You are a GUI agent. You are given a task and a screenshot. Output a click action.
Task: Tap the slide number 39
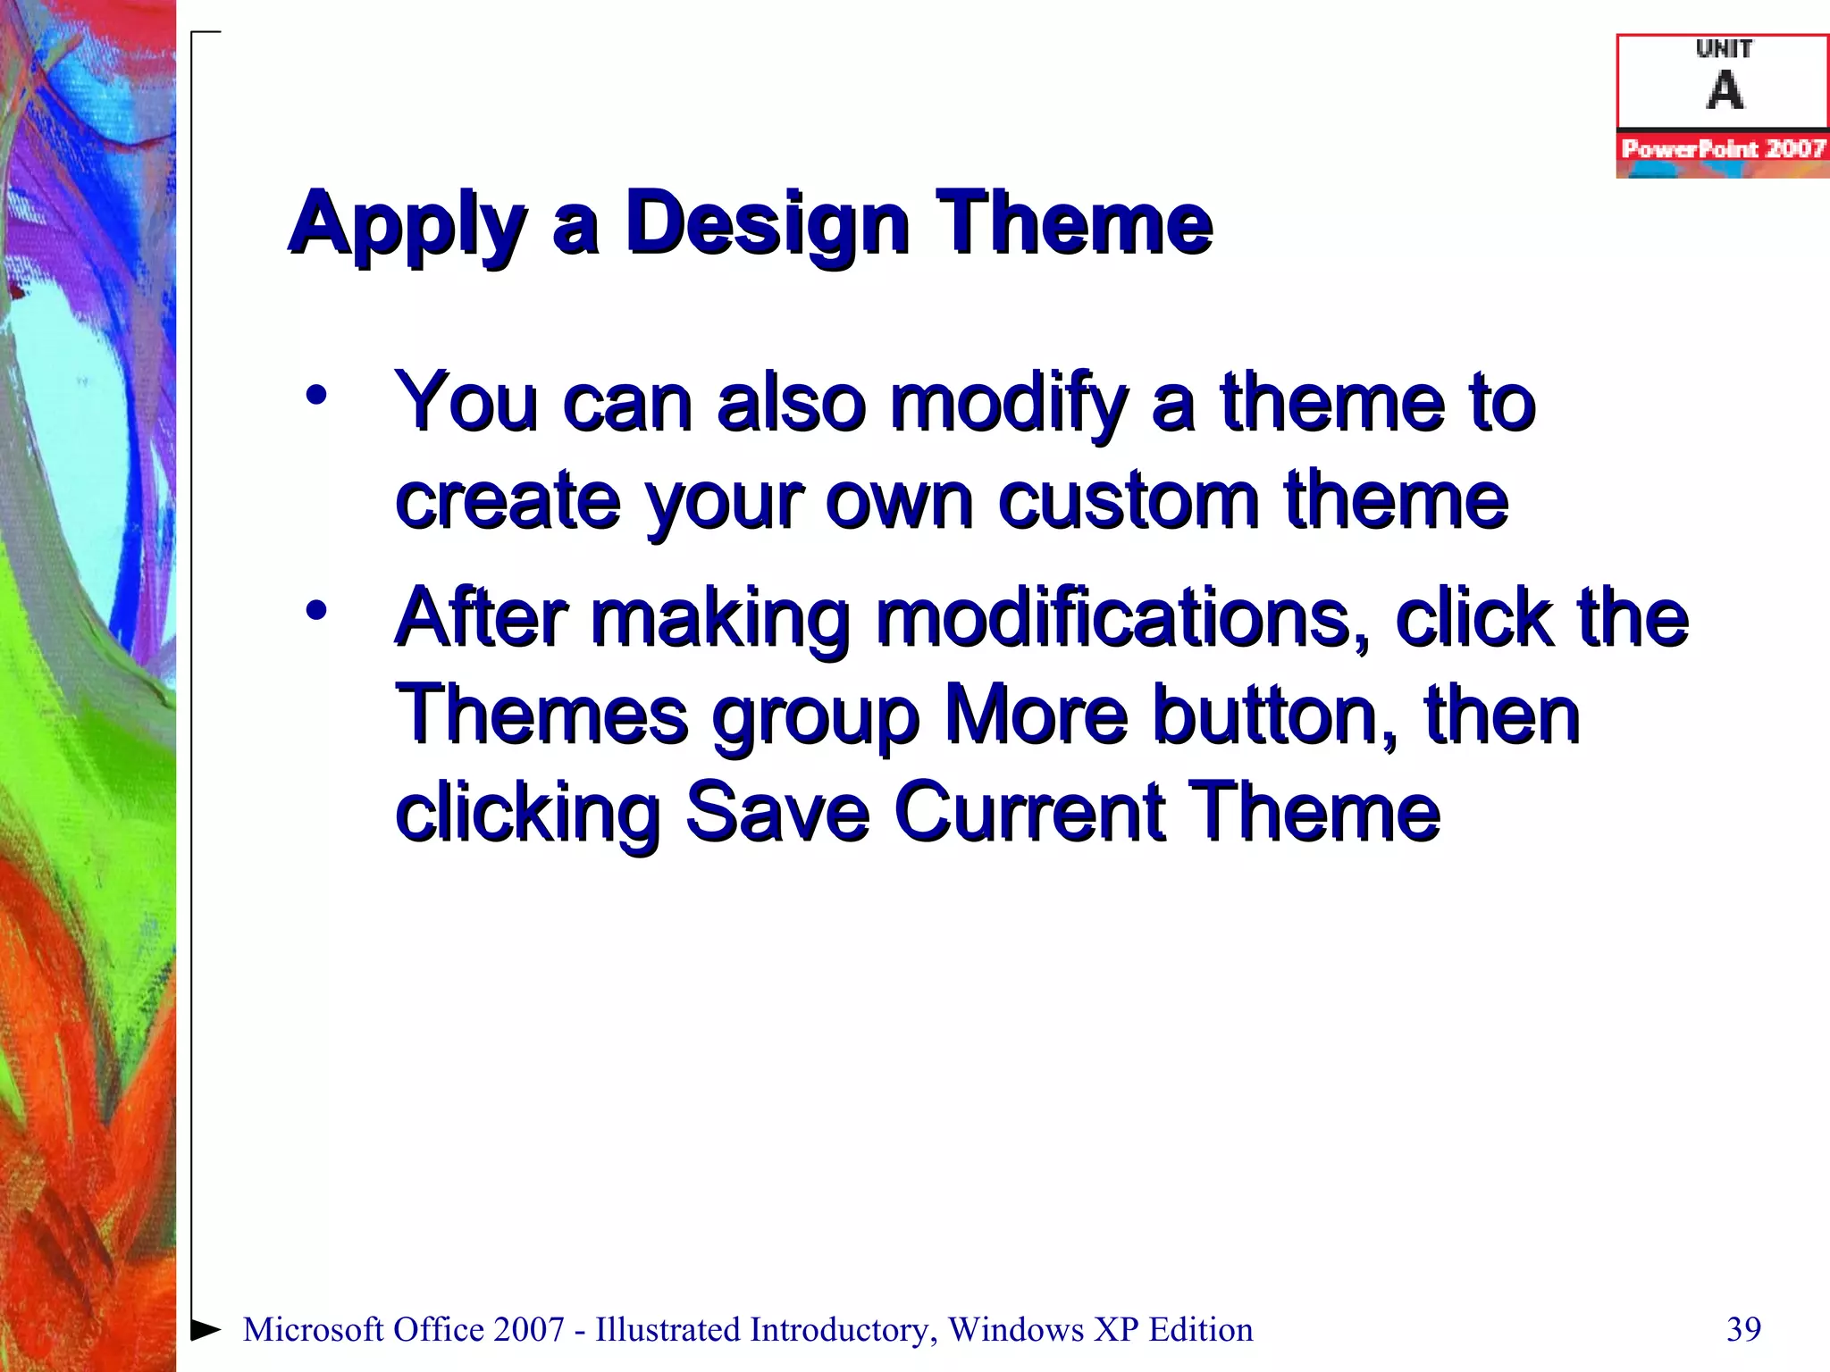point(1743,1329)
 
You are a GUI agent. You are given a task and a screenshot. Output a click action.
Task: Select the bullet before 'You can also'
point(316,395)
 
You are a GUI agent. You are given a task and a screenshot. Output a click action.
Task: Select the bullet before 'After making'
point(316,611)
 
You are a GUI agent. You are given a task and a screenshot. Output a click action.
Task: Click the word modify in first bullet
point(1010,404)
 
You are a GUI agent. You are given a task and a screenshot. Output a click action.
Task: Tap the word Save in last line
point(777,811)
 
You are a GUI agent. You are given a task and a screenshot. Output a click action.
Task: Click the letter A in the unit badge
point(1725,90)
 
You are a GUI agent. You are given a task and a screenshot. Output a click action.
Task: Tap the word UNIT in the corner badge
point(1724,49)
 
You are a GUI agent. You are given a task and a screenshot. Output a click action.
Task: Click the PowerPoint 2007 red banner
point(1723,148)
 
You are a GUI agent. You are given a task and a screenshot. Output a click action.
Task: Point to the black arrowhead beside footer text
point(206,1329)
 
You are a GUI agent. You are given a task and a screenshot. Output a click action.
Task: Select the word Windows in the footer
point(1016,1329)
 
